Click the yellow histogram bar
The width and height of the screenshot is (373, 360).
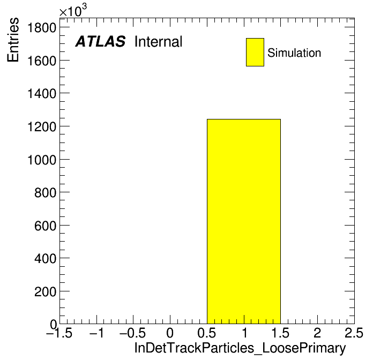(x=244, y=221)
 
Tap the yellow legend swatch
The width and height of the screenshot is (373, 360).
(x=255, y=52)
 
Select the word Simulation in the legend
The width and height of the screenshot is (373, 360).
(x=294, y=53)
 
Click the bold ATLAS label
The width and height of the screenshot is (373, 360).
(x=100, y=41)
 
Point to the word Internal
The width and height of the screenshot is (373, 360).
(x=159, y=42)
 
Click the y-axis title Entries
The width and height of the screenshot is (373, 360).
(x=13, y=40)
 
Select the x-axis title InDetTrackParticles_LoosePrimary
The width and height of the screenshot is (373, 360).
(x=240, y=348)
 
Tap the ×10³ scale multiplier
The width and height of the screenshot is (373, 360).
(x=73, y=10)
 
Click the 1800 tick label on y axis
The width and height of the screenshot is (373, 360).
(x=42, y=27)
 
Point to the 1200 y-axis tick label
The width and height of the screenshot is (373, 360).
(x=42, y=127)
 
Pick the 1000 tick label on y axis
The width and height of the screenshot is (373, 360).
(x=42, y=160)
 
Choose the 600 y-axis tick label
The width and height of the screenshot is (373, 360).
(x=46, y=226)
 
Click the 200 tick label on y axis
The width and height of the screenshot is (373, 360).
(x=46, y=291)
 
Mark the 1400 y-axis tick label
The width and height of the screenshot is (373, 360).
(x=42, y=94)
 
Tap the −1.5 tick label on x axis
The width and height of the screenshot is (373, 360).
(x=59, y=333)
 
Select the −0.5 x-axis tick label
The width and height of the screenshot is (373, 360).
(x=133, y=333)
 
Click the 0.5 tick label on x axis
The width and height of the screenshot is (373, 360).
(x=207, y=333)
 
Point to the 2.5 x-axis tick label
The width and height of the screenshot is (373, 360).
(x=354, y=333)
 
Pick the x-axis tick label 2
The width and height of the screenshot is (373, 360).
(x=317, y=333)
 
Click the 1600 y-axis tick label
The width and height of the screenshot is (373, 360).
(x=42, y=61)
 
